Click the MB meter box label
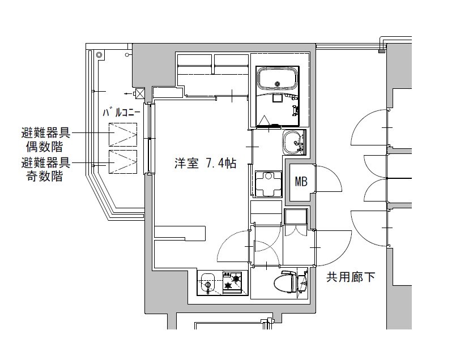[301, 182]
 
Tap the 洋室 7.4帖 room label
[204, 164]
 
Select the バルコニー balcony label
[121, 113]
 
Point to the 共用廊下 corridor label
[351, 277]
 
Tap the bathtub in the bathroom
[278, 79]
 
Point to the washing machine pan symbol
[266, 183]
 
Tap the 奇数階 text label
[45, 176]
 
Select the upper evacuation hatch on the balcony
[123, 135]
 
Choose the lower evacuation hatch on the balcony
[123, 162]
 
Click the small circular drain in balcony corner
[99, 55]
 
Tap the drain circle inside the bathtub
[278, 85]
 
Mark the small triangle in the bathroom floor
[266, 120]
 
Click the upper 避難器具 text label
[45, 134]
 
